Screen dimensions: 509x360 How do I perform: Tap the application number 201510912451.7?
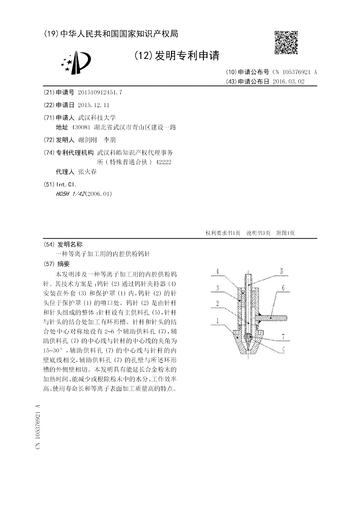click(100, 92)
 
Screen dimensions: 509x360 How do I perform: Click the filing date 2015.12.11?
click(94, 104)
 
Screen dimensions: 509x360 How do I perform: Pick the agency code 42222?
click(162, 162)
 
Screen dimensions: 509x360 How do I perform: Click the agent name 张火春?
click(87, 172)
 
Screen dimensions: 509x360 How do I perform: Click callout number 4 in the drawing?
click(217, 272)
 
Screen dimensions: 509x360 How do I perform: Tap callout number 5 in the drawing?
click(281, 271)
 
